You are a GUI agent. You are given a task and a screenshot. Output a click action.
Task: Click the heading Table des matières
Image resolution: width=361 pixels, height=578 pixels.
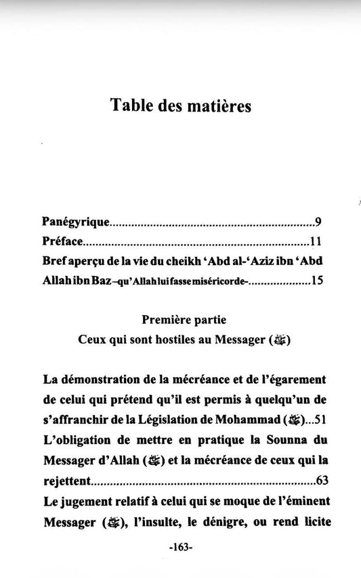[x=180, y=106]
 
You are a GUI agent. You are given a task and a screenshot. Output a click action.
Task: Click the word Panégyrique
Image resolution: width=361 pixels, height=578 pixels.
[x=75, y=222]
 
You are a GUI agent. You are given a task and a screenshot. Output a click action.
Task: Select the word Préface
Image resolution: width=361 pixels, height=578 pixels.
[x=62, y=241]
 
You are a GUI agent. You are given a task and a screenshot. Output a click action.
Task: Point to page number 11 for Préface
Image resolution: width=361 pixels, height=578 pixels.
[x=314, y=241]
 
